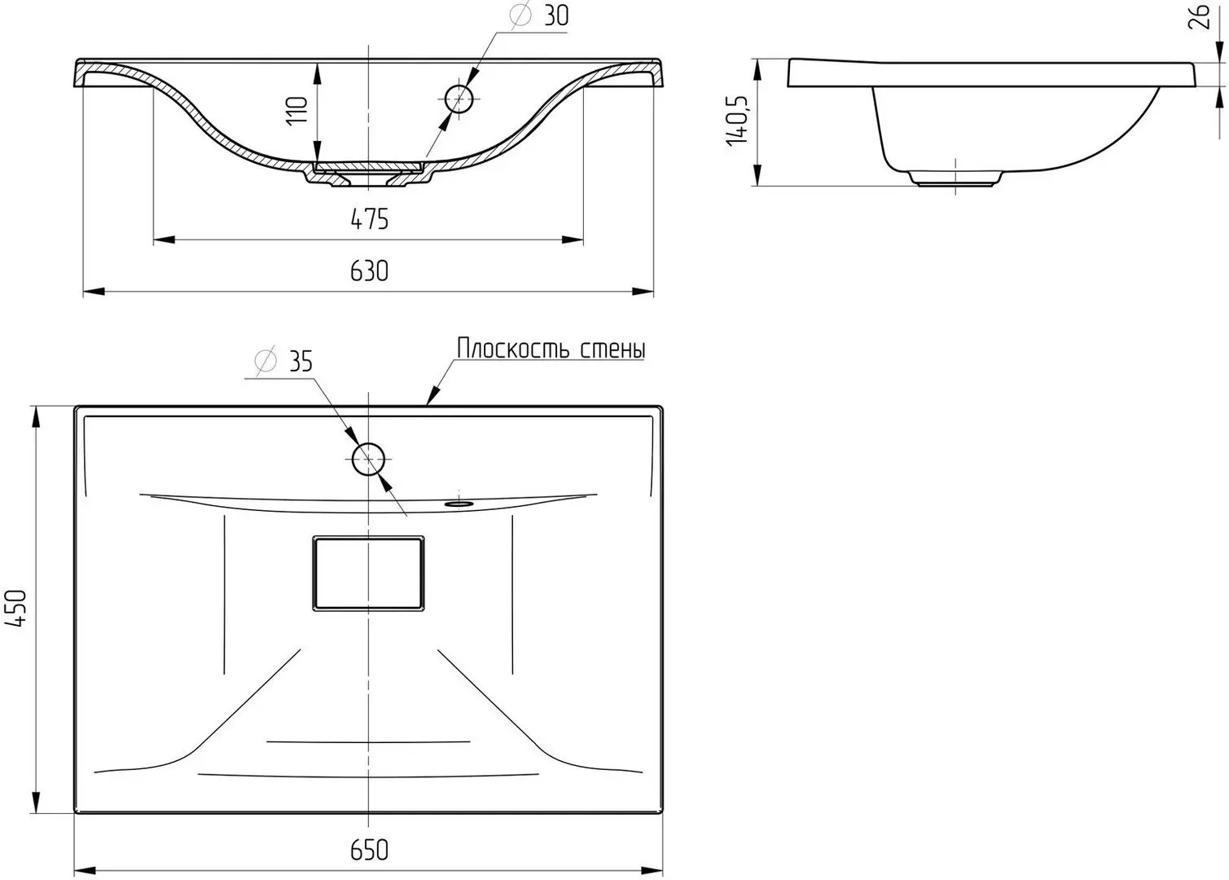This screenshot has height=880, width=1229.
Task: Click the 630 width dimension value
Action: [x=369, y=271]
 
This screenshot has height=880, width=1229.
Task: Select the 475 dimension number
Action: [x=369, y=219]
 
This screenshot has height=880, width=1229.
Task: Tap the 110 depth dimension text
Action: [x=297, y=111]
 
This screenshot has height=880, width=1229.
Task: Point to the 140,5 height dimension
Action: [x=737, y=121]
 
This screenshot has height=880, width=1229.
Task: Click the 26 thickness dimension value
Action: [x=1198, y=17]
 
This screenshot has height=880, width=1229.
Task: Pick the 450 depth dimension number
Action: [x=15, y=609]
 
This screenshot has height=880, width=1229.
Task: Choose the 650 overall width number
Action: [x=369, y=851]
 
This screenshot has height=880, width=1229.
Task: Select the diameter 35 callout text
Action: [x=284, y=361]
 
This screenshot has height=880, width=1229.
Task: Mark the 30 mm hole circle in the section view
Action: [x=459, y=99]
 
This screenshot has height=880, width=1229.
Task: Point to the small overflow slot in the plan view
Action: [x=459, y=502]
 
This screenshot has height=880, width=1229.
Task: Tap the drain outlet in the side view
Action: [x=955, y=179]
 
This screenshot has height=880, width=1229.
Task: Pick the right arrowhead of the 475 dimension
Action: [x=573, y=240]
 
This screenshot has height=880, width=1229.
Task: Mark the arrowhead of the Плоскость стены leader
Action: [x=433, y=395]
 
